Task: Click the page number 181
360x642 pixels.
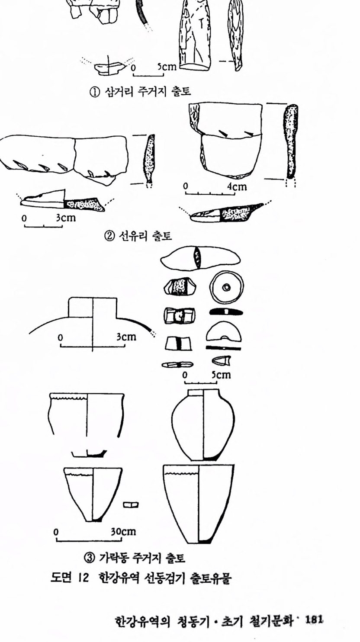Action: click(x=314, y=620)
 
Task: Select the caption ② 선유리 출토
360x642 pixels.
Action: click(x=138, y=236)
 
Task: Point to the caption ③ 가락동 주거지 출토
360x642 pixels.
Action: click(x=134, y=558)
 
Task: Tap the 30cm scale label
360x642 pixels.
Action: click(x=123, y=532)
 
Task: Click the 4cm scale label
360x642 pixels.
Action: click(x=237, y=186)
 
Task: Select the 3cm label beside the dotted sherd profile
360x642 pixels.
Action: click(x=66, y=218)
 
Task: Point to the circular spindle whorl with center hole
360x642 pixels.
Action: click(x=226, y=287)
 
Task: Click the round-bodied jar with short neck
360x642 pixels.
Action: click(x=203, y=424)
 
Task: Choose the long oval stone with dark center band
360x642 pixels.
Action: click(x=200, y=257)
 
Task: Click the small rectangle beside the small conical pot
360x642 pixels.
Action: click(x=131, y=505)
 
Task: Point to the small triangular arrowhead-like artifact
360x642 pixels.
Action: click(x=222, y=360)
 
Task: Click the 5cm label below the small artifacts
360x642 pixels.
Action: click(x=221, y=375)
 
